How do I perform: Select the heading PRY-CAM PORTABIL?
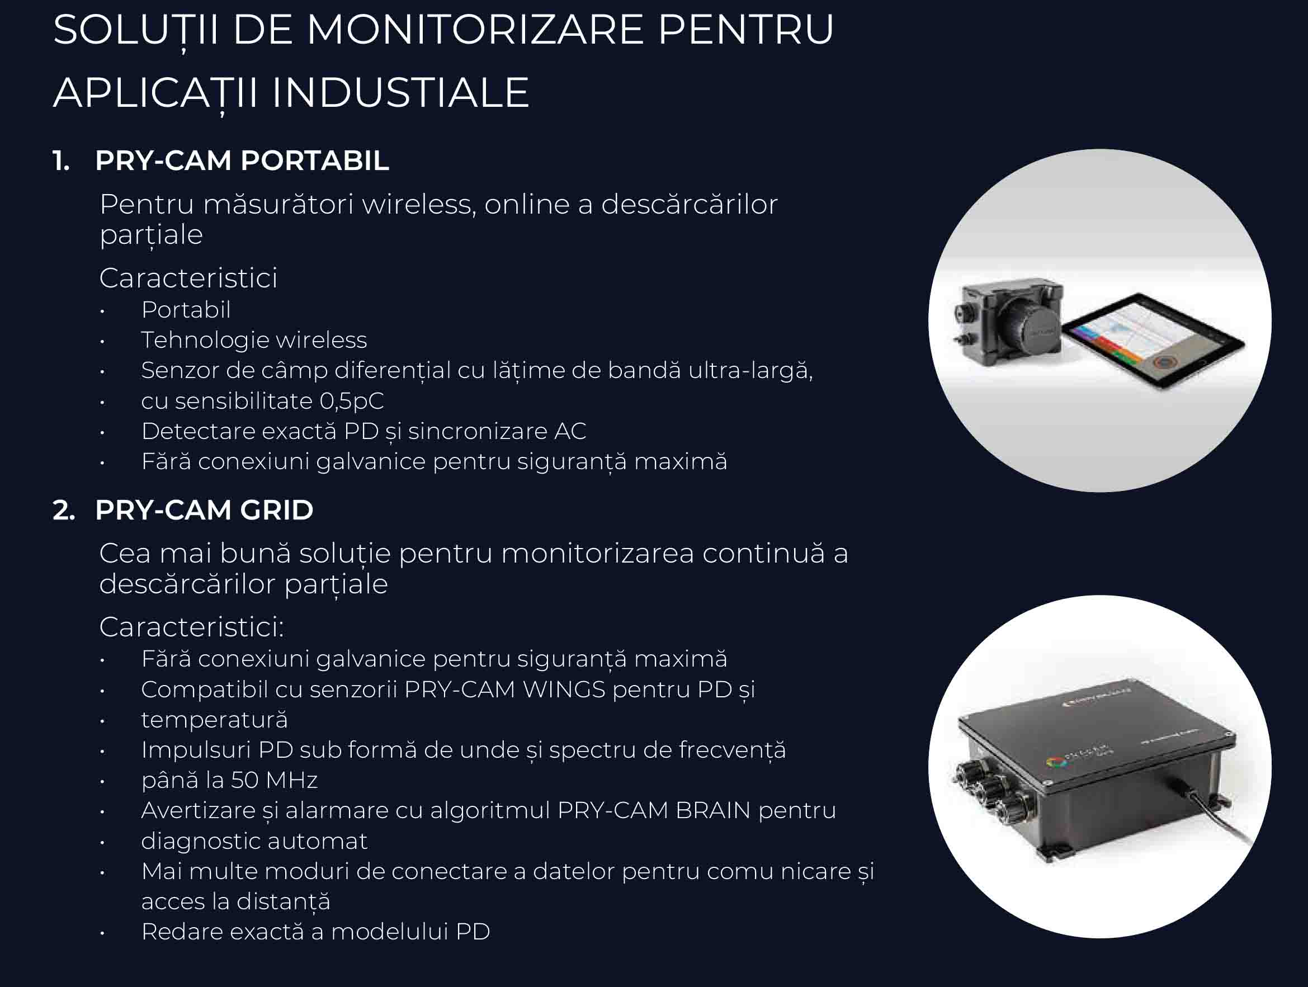tap(242, 161)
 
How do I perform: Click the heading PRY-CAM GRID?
tap(204, 511)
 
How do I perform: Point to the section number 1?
tap(61, 161)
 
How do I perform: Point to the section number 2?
tap(64, 511)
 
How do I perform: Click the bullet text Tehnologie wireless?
tap(254, 340)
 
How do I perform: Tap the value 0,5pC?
tap(352, 402)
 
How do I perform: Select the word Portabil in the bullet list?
tap(186, 310)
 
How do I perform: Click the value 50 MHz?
tap(275, 781)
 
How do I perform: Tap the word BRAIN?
tap(712, 811)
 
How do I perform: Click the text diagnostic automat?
tap(254, 842)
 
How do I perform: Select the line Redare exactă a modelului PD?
tap(316, 932)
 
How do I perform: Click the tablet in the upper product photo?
tap(1154, 341)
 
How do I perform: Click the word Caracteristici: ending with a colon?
tap(192, 627)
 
